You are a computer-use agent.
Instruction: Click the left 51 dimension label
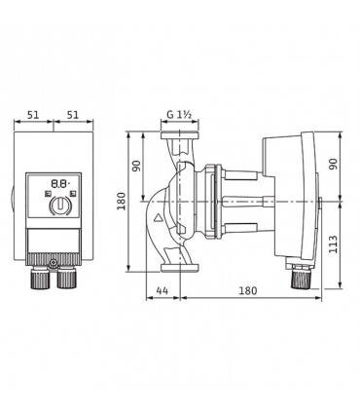coord(33,115)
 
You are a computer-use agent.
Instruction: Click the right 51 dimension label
coord(73,115)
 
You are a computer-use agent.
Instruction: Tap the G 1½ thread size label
coord(180,114)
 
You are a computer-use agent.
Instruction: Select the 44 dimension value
coord(162,290)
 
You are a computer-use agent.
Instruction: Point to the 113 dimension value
coord(333,244)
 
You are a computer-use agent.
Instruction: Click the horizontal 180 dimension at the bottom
coord(248,290)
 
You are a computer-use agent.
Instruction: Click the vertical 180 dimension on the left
coord(122,202)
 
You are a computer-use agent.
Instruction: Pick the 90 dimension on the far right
coord(333,164)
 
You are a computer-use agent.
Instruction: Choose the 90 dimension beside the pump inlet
coord(136,166)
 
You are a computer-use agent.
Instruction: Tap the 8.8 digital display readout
coord(60,184)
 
